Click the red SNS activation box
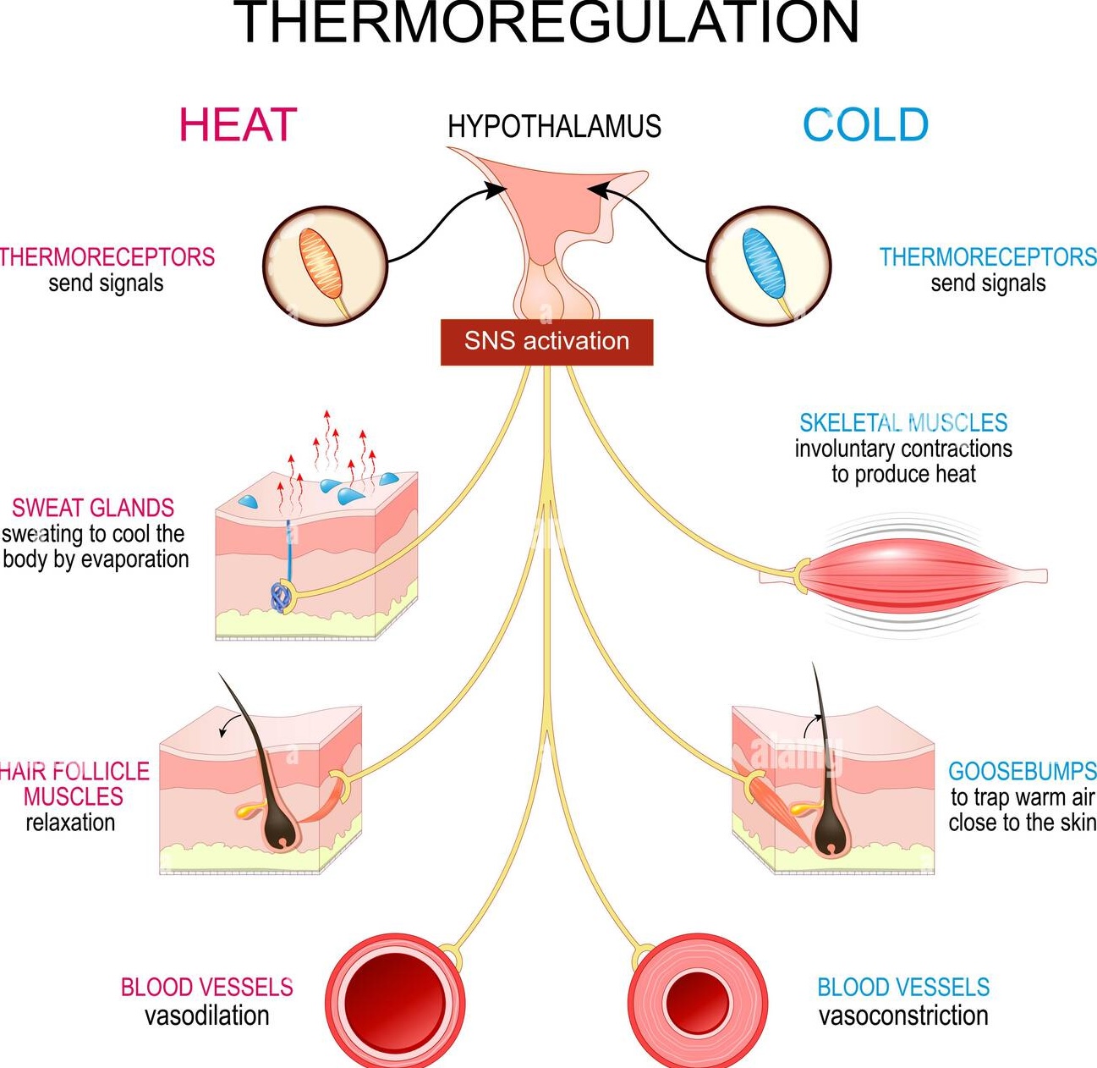click(546, 342)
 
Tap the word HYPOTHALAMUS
click(554, 127)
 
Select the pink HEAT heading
click(238, 125)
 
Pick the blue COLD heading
click(865, 125)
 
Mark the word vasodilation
click(207, 1016)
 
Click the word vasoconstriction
click(903, 1016)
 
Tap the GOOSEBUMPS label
click(1022, 772)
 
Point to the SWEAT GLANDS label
click(93, 508)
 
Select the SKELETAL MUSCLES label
click(903, 423)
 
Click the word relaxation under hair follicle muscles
click(70, 823)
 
